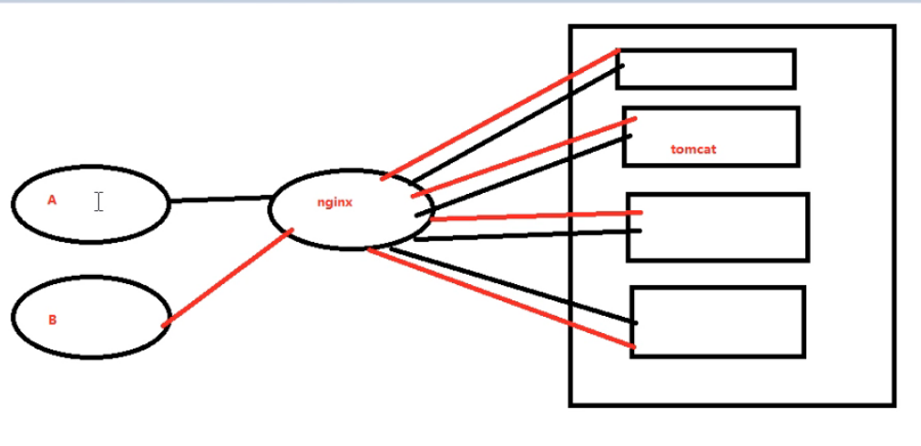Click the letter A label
click(52, 199)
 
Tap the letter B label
click(52, 319)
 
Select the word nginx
click(334, 203)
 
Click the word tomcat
click(693, 149)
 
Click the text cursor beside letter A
click(98, 201)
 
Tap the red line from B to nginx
click(228, 277)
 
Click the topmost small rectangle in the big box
click(706, 69)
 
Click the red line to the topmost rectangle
click(501, 113)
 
